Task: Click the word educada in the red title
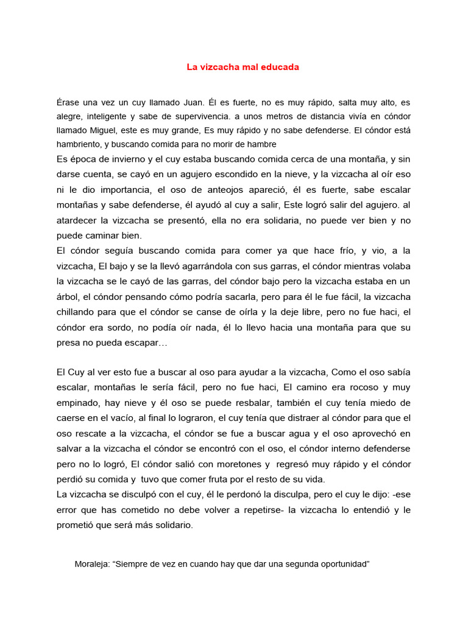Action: pos(278,67)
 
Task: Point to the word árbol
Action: pos(68,298)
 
